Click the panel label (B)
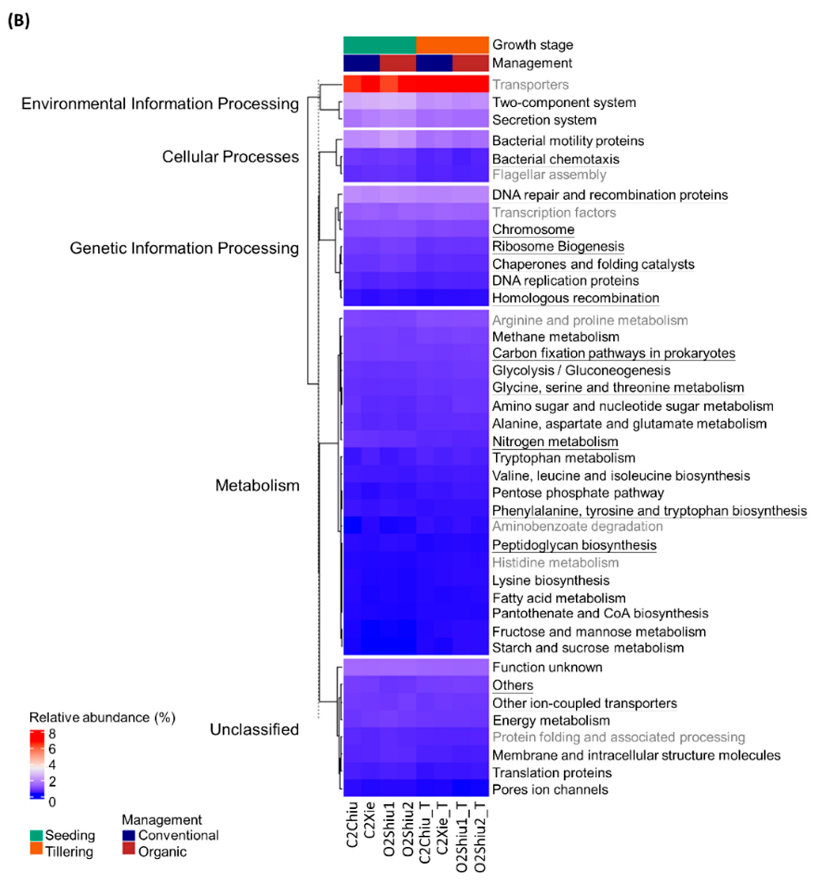pos(19,20)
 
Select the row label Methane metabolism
pos(555,337)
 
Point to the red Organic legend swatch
pos(128,851)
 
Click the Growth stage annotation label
pos(532,45)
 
